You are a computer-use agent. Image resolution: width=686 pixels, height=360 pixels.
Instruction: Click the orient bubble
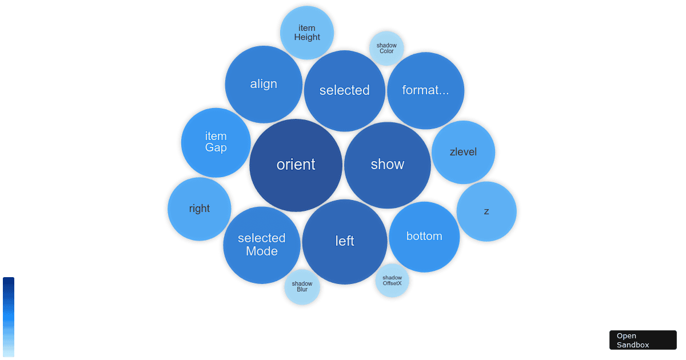click(x=296, y=165)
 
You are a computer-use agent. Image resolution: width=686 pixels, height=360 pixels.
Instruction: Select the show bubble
click(x=387, y=165)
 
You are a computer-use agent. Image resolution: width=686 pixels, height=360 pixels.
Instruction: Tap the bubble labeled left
click(x=345, y=242)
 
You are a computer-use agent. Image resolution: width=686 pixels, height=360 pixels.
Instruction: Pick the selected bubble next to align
click(x=345, y=90)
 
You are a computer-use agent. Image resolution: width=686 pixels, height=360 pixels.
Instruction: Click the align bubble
click(x=264, y=84)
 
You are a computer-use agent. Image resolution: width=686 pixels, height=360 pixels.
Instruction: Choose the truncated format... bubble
click(x=425, y=90)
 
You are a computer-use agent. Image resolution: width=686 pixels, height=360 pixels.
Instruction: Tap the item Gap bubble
click(x=216, y=142)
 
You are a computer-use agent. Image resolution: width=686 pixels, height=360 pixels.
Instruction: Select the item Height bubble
click(x=307, y=33)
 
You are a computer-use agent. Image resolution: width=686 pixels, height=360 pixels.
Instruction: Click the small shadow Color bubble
click(x=386, y=49)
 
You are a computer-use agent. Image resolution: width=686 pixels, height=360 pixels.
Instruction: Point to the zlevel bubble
click(x=463, y=152)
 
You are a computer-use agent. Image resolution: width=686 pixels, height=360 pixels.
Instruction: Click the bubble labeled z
click(x=486, y=211)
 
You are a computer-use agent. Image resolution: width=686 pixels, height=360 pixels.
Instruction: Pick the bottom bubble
click(x=424, y=237)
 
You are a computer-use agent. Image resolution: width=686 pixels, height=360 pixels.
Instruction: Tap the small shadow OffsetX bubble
click(x=392, y=281)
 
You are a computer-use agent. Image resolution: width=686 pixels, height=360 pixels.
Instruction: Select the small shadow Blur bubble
click(x=302, y=287)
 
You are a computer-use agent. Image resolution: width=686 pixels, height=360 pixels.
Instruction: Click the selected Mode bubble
click(x=262, y=245)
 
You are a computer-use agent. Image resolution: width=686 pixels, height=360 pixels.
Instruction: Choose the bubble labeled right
click(x=200, y=209)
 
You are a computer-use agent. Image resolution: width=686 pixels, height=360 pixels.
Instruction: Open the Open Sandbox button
click(x=643, y=340)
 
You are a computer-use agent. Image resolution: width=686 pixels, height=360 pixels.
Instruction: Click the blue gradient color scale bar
click(x=9, y=317)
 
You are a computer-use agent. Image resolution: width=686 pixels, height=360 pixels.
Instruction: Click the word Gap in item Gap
click(x=216, y=148)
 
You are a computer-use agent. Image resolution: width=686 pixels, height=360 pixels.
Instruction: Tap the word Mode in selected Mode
click(x=262, y=251)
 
